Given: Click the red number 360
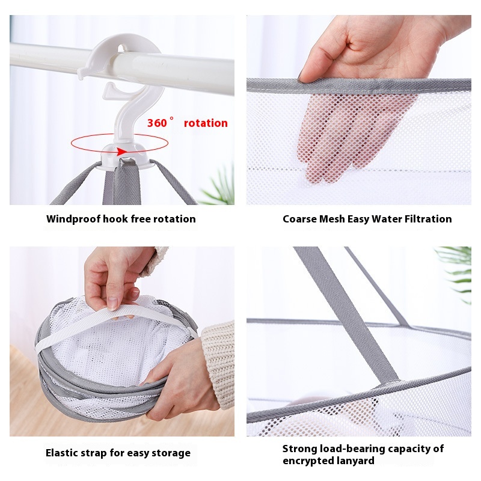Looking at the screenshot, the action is [157, 123].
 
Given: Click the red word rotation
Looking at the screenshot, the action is [206, 123].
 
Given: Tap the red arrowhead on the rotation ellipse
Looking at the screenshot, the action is [122, 152].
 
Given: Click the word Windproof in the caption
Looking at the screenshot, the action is [73, 219].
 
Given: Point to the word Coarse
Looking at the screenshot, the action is [299, 219].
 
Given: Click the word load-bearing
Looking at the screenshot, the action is [351, 449].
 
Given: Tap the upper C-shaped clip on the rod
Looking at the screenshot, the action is [120, 54].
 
